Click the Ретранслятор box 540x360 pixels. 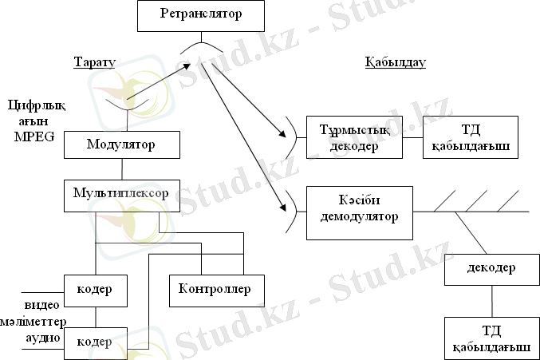coord(199,14)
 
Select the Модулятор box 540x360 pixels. coord(121,145)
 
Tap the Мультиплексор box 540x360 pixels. coord(121,195)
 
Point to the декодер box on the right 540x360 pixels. coord(491,269)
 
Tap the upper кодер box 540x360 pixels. coord(95,289)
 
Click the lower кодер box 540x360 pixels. coord(95,341)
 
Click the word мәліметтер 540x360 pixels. coord(34,322)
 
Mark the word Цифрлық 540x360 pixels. coord(30,105)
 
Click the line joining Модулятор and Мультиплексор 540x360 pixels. coord(121,169)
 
